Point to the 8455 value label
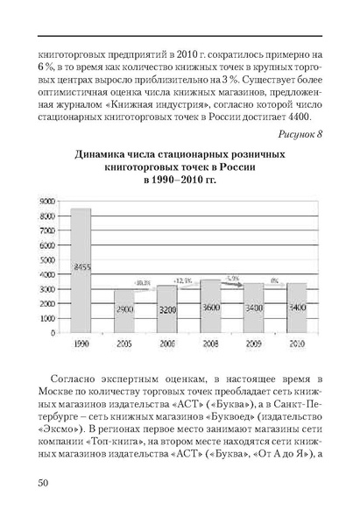(81, 266)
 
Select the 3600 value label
(210, 308)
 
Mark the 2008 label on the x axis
(210, 343)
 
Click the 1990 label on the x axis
(81, 343)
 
